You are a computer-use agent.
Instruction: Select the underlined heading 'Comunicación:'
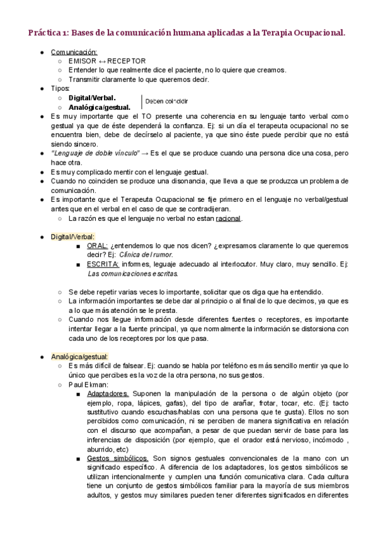tap(74, 52)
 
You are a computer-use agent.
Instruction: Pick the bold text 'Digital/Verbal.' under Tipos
tap(92, 98)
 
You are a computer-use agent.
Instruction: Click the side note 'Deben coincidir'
tap(166, 101)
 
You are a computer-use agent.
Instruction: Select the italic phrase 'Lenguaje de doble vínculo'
tap(93, 153)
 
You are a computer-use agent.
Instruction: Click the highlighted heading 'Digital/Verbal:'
tap(72, 237)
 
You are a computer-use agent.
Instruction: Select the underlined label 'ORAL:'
tap(98, 246)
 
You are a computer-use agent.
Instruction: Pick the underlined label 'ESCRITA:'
tap(103, 264)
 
